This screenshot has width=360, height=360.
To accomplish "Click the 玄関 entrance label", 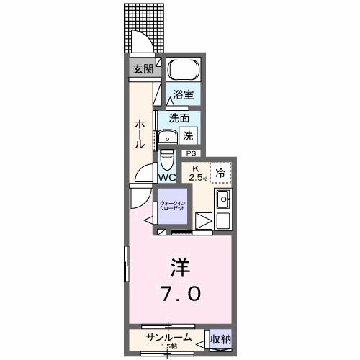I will (143, 69).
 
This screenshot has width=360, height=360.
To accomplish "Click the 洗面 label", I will (179, 118).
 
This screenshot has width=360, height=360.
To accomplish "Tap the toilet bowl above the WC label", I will (167, 158).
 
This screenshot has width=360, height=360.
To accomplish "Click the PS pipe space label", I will (192, 153).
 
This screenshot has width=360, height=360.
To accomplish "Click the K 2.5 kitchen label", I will (196, 174).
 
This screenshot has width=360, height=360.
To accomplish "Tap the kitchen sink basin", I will (223, 199).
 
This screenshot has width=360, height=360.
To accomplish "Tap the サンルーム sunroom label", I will (169, 337).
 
